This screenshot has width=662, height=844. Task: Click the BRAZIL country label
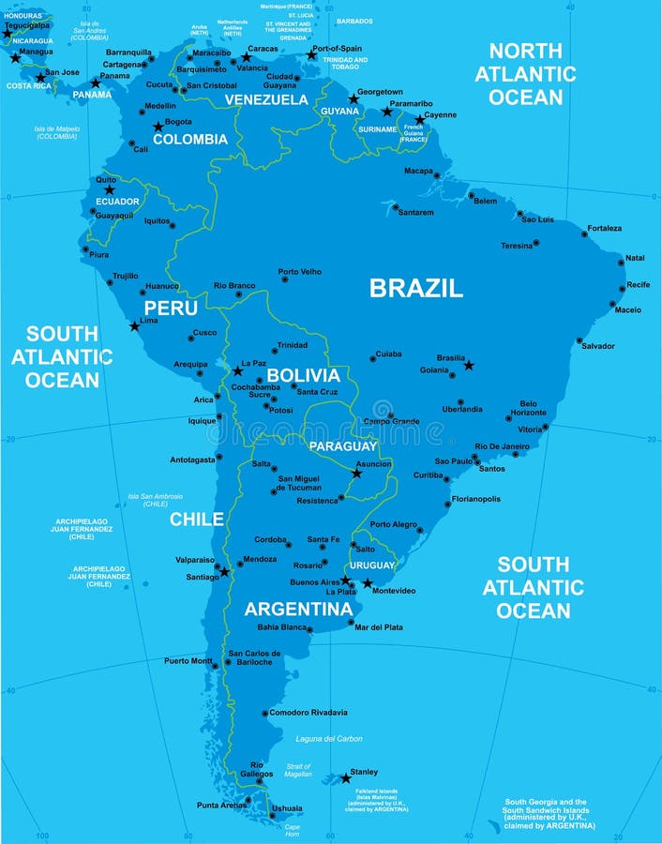click(x=415, y=288)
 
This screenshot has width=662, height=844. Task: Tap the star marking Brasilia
click(x=469, y=365)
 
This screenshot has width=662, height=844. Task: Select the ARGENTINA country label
click(x=298, y=610)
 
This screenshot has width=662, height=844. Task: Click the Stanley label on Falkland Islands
click(x=364, y=772)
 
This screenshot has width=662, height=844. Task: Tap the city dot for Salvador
click(x=579, y=340)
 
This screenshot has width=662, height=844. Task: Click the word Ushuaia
click(x=287, y=807)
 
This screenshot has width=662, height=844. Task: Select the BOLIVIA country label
click(x=303, y=375)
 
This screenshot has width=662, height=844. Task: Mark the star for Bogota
click(x=158, y=127)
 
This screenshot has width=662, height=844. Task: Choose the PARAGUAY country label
click(x=342, y=446)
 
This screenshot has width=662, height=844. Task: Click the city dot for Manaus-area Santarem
click(x=395, y=206)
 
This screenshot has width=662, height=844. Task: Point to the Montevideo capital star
click(x=367, y=583)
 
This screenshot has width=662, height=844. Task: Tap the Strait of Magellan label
click(x=298, y=770)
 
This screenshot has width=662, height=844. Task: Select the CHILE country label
click(x=196, y=519)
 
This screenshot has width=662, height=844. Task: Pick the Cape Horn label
click(x=293, y=831)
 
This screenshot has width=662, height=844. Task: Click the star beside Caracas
click(x=246, y=57)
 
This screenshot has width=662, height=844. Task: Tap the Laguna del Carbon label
click(x=329, y=739)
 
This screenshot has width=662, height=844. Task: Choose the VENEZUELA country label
click(x=266, y=99)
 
